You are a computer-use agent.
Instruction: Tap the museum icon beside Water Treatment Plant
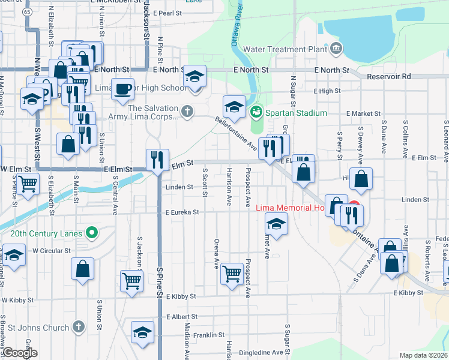pos(336,48)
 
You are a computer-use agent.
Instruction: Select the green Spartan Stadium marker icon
pos(256,112)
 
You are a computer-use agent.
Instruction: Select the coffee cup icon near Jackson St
pos(122,89)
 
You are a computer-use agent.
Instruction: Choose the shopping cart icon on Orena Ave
pos(232,273)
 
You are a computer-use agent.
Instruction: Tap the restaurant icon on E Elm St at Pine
pos(157,160)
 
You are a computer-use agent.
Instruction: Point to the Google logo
pos(20,353)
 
